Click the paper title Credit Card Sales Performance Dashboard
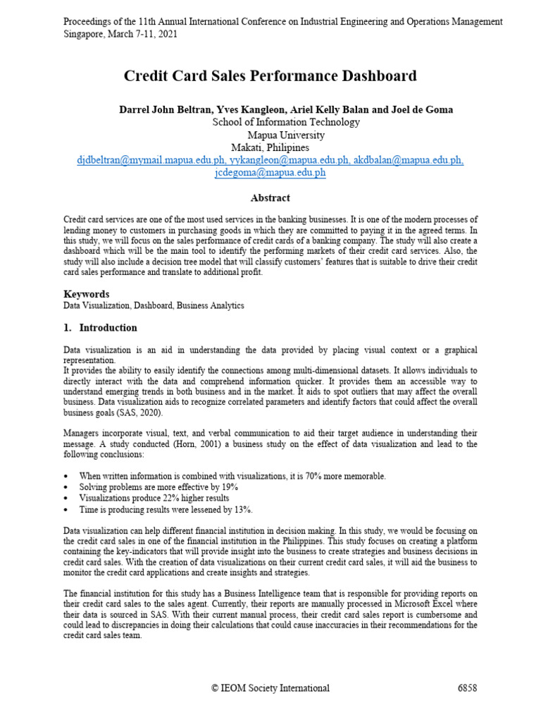[270, 76]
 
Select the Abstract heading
[270, 198]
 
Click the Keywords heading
[87, 293]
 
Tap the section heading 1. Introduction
[101, 328]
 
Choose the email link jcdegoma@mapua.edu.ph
[270, 173]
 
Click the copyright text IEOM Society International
[275, 688]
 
